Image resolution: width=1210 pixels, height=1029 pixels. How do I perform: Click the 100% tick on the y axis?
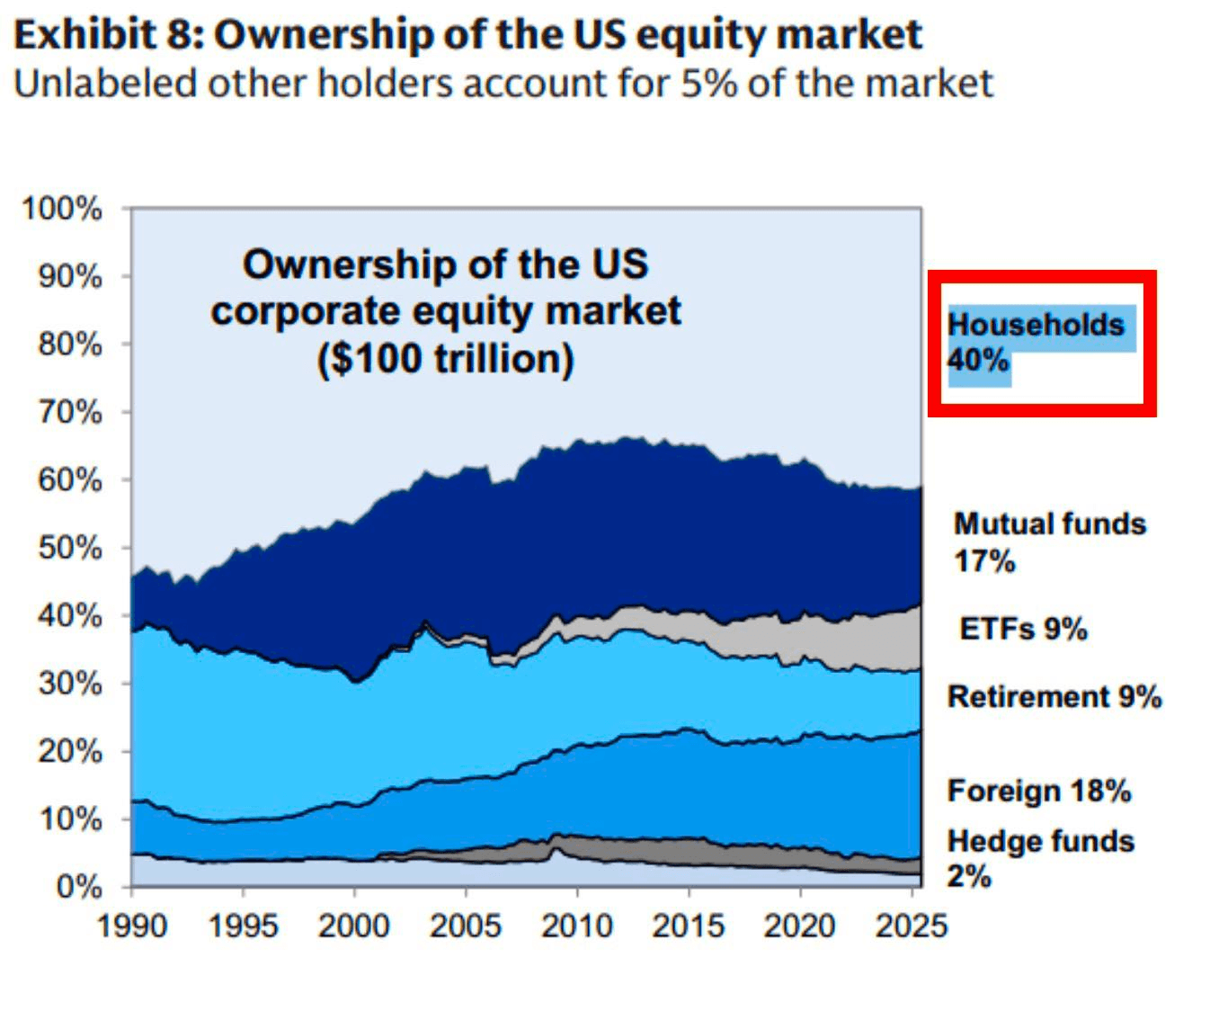pyautogui.click(x=62, y=209)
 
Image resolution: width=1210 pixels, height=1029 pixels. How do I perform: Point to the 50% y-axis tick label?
pyautogui.click(x=69, y=548)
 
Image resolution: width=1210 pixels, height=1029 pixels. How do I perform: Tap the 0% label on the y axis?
pyautogui.click(x=78, y=887)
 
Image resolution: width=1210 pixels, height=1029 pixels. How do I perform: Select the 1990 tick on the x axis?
pyautogui.click(x=132, y=926)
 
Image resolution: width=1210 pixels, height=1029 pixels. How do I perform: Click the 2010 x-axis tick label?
pyautogui.click(x=576, y=926)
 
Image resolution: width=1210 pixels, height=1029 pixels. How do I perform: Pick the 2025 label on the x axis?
pyautogui.click(x=911, y=926)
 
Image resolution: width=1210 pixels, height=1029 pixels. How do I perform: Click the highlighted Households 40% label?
pyautogui.click(x=1037, y=343)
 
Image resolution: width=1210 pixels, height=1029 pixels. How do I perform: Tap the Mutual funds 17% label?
pyautogui.click(x=1049, y=541)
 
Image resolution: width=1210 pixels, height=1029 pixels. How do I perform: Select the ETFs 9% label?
pyautogui.click(x=1023, y=628)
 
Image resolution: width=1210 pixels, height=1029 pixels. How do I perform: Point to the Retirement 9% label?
pyautogui.click(x=1054, y=697)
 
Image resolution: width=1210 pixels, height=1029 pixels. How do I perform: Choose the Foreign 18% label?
pyautogui.click(x=1038, y=791)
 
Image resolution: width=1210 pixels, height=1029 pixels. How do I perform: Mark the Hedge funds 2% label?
pyautogui.click(x=1040, y=858)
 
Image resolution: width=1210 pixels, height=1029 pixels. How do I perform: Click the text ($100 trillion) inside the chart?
pyautogui.click(x=445, y=358)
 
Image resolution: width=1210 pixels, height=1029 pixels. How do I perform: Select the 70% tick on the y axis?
pyautogui.click(x=69, y=412)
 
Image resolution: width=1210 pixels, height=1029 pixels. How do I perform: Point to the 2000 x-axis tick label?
pyautogui.click(x=354, y=926)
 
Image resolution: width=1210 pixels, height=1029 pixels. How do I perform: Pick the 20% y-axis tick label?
pyautogui.click(x=69, y=751)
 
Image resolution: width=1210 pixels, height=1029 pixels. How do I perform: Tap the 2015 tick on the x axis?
pyautogui.click(x=688, y=926)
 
